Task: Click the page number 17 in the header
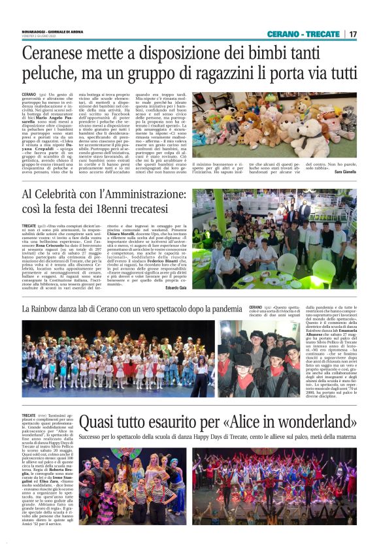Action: [353, 34]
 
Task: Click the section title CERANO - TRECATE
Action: [305, 34]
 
